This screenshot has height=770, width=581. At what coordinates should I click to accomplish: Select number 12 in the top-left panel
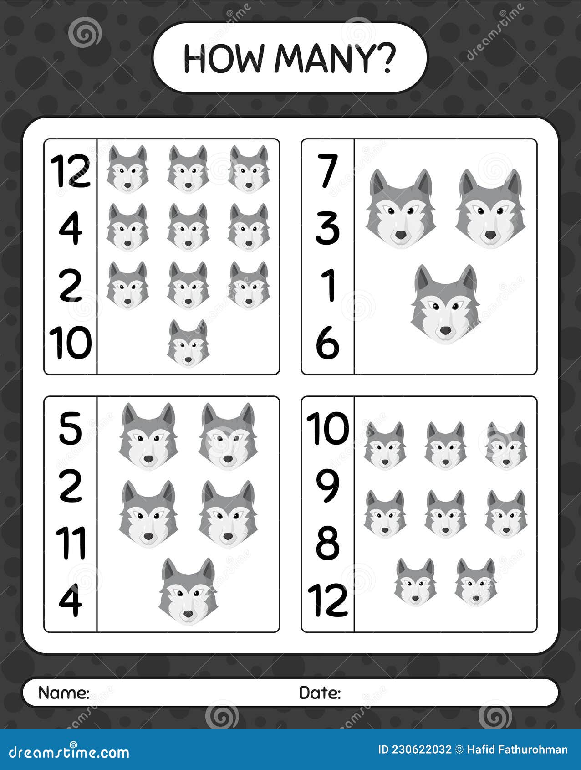(71, 171)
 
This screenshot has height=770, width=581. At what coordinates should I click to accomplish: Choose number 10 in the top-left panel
(71, 343)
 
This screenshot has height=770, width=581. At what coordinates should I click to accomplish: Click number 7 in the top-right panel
(327, 171)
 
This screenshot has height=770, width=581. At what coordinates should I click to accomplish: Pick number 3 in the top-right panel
(327, 228)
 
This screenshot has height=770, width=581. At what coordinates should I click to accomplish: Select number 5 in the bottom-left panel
(71, 428)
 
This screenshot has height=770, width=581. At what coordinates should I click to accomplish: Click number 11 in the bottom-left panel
(71, 543)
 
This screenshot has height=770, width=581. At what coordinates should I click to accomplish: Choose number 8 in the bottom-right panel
(327, 543)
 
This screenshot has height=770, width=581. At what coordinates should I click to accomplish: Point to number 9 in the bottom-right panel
(327, 486)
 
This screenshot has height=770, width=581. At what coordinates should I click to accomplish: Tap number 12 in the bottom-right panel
(327, 600)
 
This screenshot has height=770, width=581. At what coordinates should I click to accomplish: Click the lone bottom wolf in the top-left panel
(188, 344)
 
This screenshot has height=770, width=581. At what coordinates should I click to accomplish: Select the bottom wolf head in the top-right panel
(445, 304)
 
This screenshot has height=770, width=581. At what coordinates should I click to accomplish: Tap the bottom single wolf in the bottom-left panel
(188, 591)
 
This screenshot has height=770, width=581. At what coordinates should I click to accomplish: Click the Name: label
(64, 693)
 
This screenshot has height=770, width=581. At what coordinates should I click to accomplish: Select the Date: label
(320, 693)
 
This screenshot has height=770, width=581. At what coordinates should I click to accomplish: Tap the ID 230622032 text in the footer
(415, 750)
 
